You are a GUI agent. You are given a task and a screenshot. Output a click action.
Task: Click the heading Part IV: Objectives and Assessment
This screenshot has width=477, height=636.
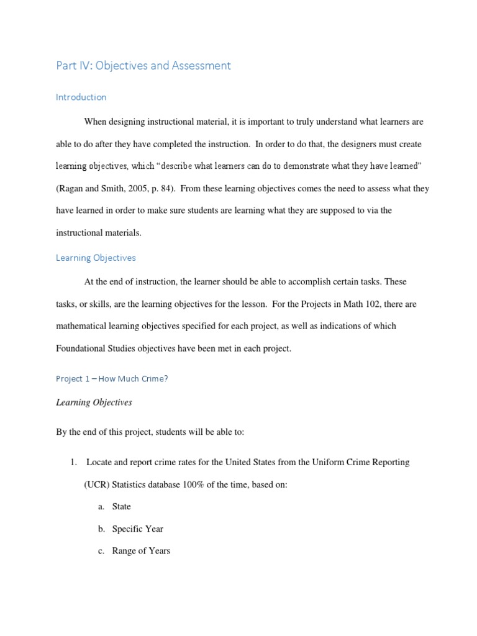(143, 65)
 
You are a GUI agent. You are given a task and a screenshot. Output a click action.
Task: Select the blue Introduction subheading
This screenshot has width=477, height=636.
(81, 97)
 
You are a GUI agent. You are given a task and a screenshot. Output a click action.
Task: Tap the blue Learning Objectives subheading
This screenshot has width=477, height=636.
(96, 257)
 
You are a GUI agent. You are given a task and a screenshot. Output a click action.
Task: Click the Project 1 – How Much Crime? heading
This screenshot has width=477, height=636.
(112, 379)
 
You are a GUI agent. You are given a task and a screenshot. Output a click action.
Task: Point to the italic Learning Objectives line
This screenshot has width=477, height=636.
(94, 402)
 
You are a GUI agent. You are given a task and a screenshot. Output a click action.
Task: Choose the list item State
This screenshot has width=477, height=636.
(121, 507)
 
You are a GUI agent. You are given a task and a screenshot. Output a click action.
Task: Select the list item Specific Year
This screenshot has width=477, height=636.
(137, 529)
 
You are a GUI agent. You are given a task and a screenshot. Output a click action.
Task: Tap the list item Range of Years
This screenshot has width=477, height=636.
(141, 551)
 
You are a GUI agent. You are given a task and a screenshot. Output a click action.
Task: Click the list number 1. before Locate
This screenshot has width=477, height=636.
(73, 462)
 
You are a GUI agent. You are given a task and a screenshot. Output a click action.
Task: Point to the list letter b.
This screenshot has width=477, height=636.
(101, 529)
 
